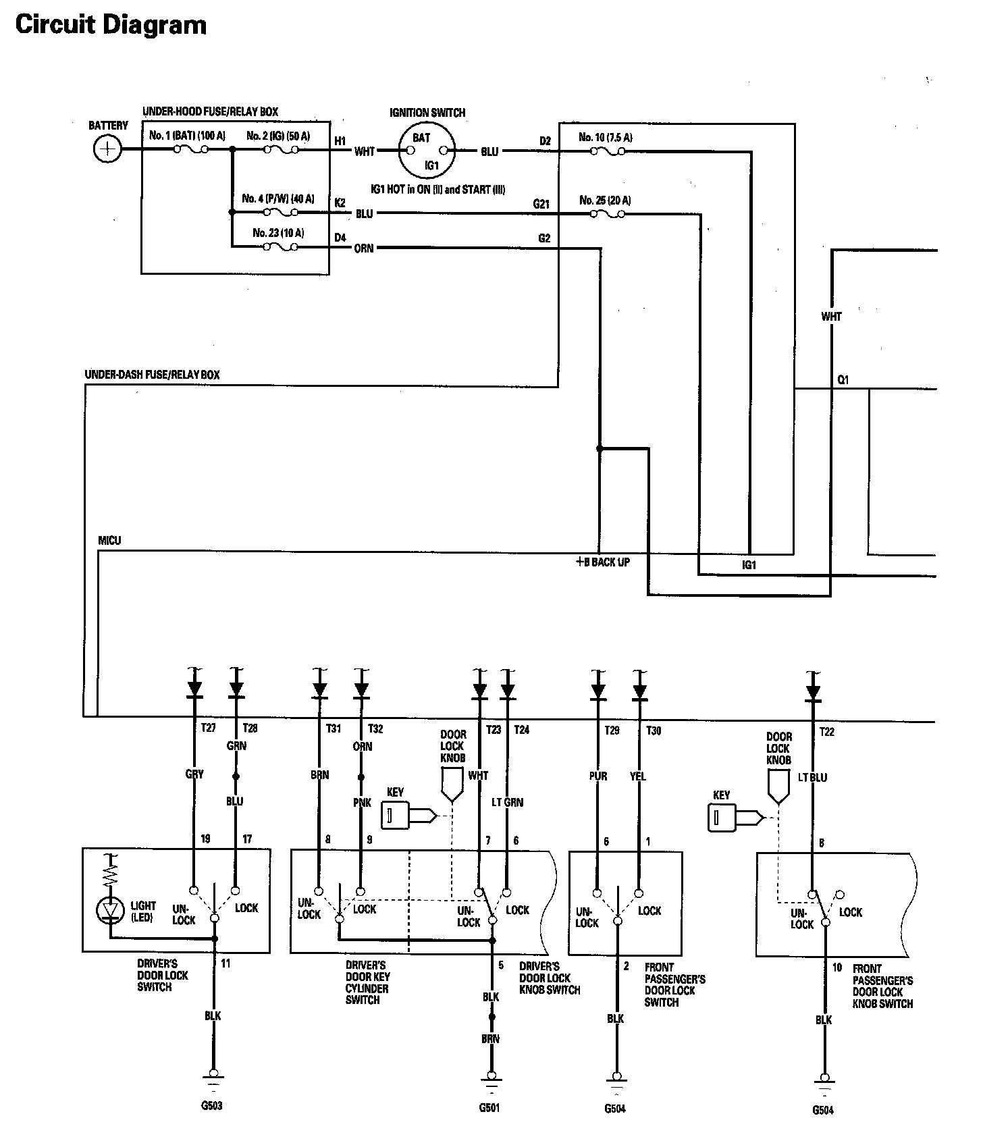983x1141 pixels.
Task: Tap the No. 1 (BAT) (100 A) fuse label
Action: pos(187,136)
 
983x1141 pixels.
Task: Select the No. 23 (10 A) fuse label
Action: pos(278,233)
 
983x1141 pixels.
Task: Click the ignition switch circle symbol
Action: pos(426,151)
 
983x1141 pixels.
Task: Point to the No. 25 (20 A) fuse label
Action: pos(605,201)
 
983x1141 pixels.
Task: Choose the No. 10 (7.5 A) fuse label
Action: pos(605,138)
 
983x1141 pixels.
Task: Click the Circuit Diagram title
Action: pos(111,25)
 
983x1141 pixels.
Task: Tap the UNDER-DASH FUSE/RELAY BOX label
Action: pos(152,375)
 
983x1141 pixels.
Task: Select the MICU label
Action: pos(109,541)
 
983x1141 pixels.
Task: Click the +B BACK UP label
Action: pos(602,562)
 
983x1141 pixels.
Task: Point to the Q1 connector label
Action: pos(843,380)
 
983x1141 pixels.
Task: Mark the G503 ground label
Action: pos(211,1106)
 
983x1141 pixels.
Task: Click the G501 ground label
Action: pos(489,1108)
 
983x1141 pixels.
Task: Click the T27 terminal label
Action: pos(209,728)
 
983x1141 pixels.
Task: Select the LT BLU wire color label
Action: pos(812,777)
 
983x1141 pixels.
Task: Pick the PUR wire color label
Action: pos(598,776)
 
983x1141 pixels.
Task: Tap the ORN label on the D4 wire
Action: pos(364,248)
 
